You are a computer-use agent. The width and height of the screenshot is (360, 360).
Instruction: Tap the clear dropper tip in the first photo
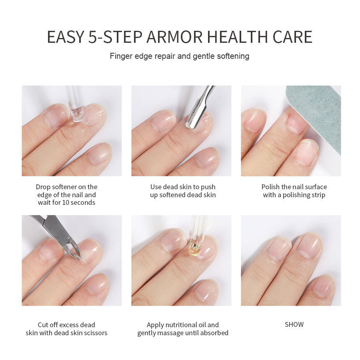click(x=77, y=114)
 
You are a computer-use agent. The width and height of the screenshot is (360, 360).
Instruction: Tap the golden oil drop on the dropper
click(x=194, y=249)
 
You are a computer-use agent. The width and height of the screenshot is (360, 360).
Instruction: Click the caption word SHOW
click(x=294, y=324)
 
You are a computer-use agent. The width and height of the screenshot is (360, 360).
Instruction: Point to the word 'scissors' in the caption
click(x=94, y=333)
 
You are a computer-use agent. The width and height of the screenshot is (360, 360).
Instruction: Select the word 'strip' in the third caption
click(x=318, y=195)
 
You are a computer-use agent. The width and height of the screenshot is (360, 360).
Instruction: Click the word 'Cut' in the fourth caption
click(x=43, y=325)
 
